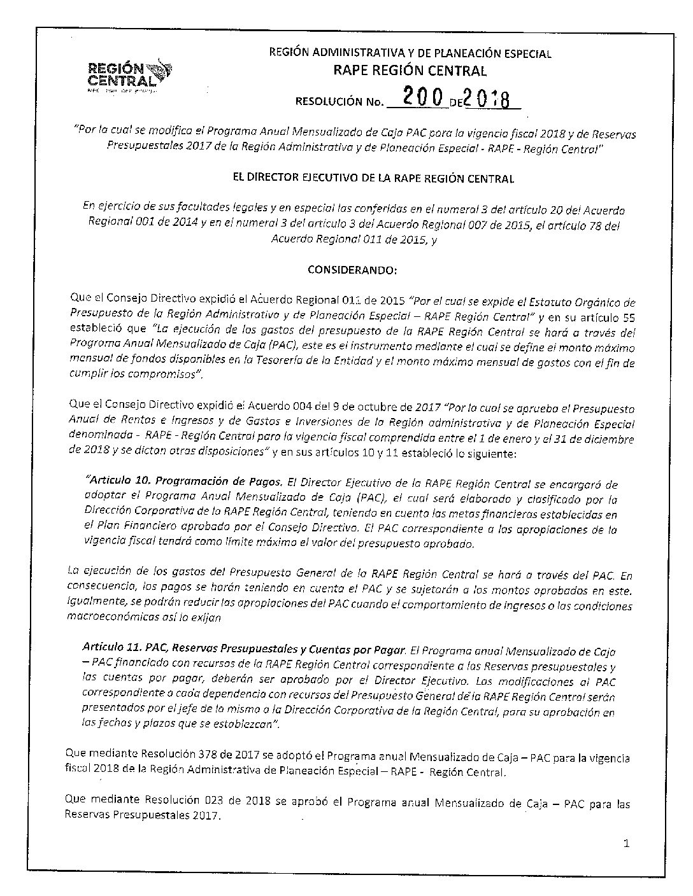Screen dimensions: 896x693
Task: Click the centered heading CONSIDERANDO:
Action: tap(352, 269)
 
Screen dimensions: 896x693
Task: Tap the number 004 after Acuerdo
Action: tap(307, 409)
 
